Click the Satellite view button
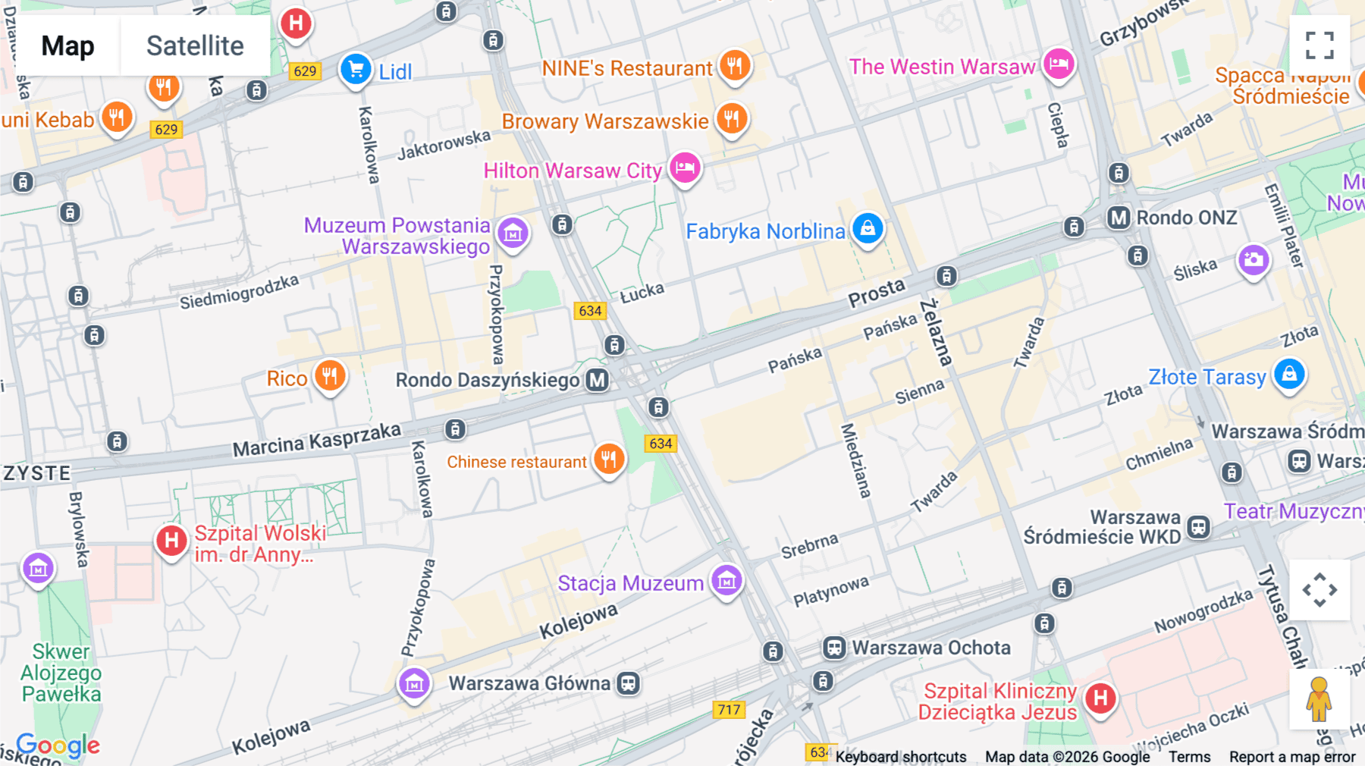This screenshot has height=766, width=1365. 195,46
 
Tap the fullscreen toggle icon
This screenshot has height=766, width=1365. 1319,46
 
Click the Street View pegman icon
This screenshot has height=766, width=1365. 1319,699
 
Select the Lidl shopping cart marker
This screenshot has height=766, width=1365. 356,70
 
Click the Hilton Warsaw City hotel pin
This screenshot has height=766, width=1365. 685,168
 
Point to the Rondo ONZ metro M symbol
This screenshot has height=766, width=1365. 1119,218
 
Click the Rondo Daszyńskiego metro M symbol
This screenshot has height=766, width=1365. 598,380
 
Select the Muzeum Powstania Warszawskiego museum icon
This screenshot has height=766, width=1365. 513,234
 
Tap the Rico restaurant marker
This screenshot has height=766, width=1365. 330,375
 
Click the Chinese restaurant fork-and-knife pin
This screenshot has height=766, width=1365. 609,459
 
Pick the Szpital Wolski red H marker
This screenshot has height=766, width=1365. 171,541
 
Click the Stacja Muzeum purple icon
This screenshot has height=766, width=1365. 726,581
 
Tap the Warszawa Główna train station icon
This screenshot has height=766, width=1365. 628,683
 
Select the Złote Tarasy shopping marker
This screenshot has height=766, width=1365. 1289,374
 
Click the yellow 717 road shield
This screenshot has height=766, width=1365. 729,710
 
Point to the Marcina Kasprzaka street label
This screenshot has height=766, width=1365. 316,440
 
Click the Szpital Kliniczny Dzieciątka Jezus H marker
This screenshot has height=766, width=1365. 1100,698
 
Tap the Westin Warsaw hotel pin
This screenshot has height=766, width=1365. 1059,64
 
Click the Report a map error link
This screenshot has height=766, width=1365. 1292,757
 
